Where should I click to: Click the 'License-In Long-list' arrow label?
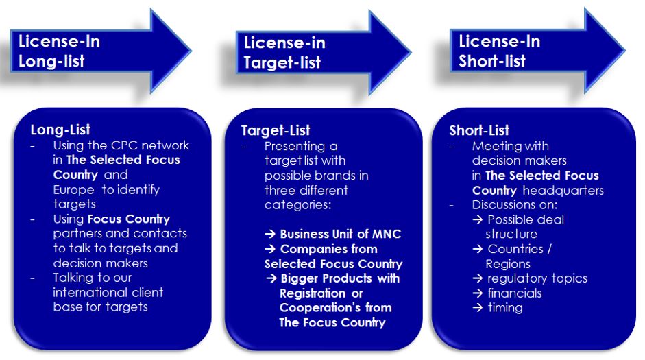point(59,51)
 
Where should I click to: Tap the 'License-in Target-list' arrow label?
point(284,53)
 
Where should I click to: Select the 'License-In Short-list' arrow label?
point(500,51)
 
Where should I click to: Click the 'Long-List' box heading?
point(60,130)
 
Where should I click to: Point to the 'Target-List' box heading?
point(275,130)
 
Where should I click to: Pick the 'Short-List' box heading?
point(479,130)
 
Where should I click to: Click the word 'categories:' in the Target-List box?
point(297,205)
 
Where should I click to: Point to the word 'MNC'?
point(387,234)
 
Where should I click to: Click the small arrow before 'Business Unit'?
point(270,234)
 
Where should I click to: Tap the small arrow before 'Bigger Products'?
point(271,278)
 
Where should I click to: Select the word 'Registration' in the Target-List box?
point(313,293)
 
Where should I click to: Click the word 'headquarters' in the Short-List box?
point(563,191)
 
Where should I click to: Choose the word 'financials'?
point(515,293)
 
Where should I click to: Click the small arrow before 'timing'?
point(478,307)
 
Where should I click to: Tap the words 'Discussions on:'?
point(515,205)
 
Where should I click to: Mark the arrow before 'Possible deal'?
point(478,219)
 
